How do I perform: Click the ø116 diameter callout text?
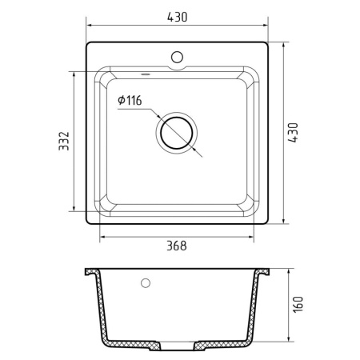pyautogui.click(x=129, y=102)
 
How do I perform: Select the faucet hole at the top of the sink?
pyautogui.click(x=177, y=58)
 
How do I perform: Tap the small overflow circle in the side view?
pyautogui.click(x=145, y=283)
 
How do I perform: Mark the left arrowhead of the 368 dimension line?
pyautogui.click(x=102, y=237)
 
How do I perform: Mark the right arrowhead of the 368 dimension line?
pyautogui.click(x=262, y=237)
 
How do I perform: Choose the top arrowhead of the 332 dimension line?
pyautogui.click(x=78, y=73)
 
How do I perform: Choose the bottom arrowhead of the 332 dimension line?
pyautogui.click(x=78, y=218)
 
